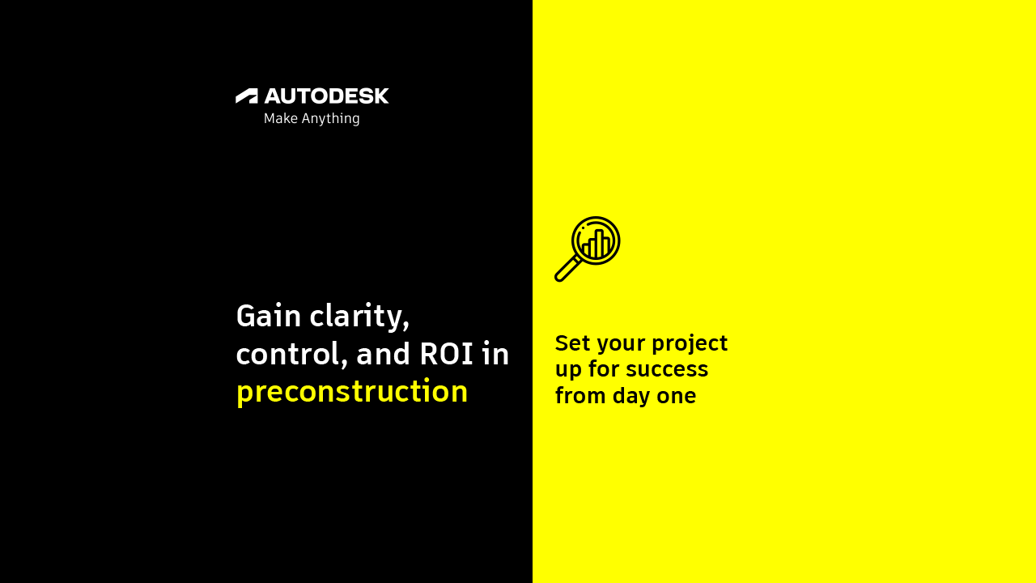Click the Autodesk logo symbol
coord(247,96)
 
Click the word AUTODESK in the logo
coord(326,96)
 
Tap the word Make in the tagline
coord(281,118)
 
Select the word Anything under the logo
coord(331,119)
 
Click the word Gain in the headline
coord(269,316)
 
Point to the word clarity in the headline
coord(359,317)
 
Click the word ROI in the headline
coord(446,355)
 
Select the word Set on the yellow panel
coord(572,343)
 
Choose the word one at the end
coord(677,397)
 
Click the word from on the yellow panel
coord(580,396)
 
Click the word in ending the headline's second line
coord(495,354)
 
